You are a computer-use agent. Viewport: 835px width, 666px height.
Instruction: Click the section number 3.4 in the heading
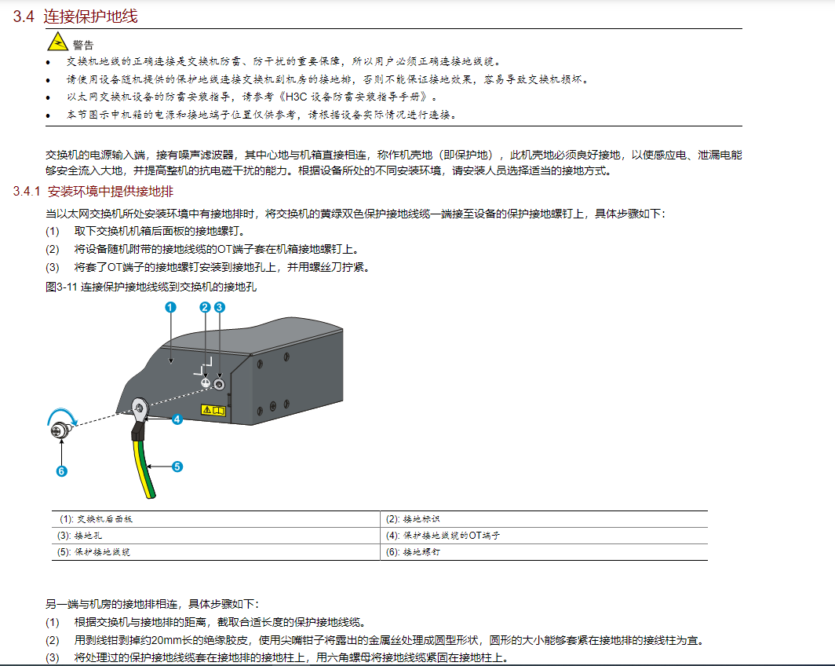click(x=24, y=16)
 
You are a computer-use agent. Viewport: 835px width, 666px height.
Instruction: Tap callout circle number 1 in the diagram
click(x=170, y=308)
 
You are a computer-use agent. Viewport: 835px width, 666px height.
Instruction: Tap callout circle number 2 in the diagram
click(x=206, y=307)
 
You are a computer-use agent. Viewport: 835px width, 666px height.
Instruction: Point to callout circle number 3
click(x=220, y=307)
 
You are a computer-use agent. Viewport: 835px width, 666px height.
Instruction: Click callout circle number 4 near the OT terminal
click(x=177, y=419)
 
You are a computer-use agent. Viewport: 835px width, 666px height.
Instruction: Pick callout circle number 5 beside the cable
click(x=177, y=467)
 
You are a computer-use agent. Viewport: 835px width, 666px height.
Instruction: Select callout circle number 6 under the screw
click(x=61, y=471)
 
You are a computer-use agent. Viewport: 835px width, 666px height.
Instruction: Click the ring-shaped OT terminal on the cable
click(x=140, y=407)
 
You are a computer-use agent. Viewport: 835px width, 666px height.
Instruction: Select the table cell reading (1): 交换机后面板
click(x=97, y=519)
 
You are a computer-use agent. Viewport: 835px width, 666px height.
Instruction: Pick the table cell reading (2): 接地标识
click(x=413, y=519)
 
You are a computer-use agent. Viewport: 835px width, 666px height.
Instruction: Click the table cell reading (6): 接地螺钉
click(x=413, y=552)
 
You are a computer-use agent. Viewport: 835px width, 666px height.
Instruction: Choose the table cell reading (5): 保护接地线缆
click(x=96, y=552)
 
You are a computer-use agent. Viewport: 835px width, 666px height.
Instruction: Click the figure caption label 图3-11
click(x=61, y=287)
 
